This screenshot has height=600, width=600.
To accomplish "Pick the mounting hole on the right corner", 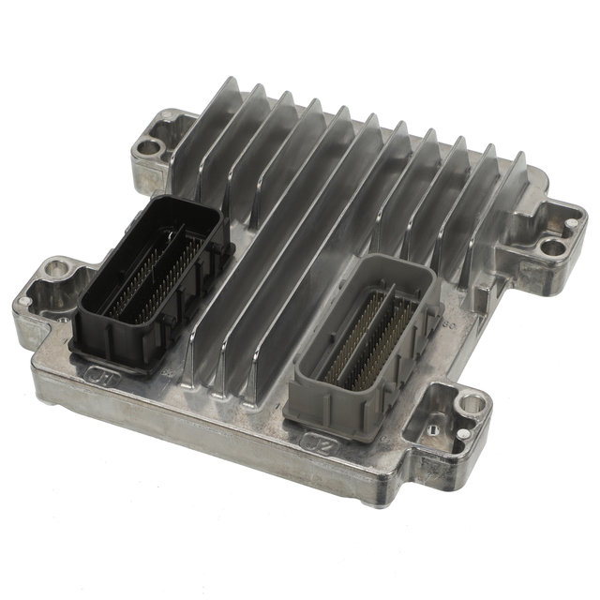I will pos(554,247).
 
